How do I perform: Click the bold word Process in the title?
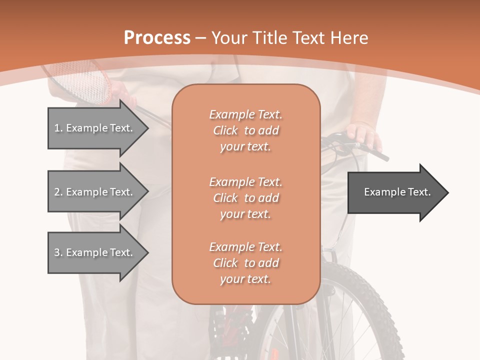[157, 38]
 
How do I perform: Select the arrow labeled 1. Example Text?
[97, 128]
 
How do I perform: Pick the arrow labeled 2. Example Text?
[97, 192]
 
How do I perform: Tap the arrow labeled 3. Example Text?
[97, 252]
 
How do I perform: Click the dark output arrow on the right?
[397, 192]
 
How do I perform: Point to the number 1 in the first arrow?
[57, 128]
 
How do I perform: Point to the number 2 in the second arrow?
[57, 192]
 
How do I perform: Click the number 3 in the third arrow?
[57, 252]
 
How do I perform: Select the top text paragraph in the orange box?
[245, 130]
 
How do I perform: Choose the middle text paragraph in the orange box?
[245, 198]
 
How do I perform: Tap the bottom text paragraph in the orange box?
[245, 263]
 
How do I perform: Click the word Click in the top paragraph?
[225, 130]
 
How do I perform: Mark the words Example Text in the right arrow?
[397, 192]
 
